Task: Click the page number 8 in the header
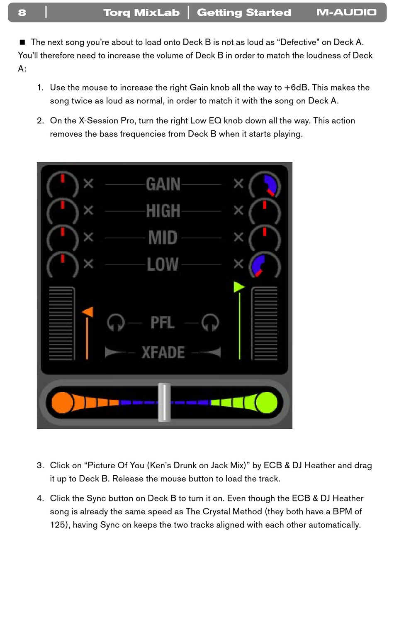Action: (22, 12)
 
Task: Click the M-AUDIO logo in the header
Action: (346, 12)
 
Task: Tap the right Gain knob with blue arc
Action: (265, 186)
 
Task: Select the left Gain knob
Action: (63, 186)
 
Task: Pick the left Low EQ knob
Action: (63, 265)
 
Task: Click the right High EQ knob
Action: (265, 212)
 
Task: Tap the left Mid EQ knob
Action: (63, 238)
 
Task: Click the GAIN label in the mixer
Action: (163, 184)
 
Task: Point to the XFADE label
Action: (163, 352)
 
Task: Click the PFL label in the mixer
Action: (163, 323)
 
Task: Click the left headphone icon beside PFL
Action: (116, 323)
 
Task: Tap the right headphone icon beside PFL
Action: (210, 323)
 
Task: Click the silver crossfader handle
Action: (164, 402)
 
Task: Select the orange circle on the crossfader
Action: (62, 402)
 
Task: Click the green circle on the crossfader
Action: (266, 402)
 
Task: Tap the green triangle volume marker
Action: (239, 287)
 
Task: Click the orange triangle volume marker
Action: (88, 312)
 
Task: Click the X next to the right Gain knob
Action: (238, 183)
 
